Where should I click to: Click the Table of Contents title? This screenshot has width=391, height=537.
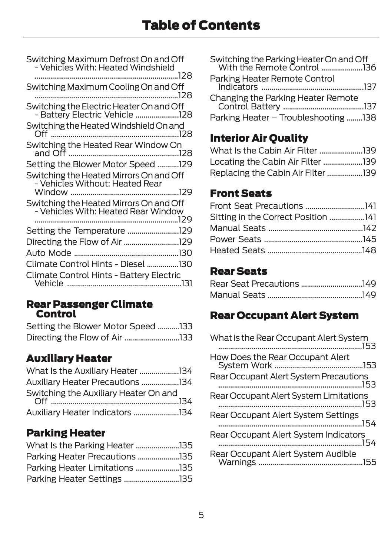click(x=201, y=25)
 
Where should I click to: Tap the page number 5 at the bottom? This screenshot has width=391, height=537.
click(x=201, y=515)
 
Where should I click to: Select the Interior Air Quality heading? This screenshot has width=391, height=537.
click(x=259, y=138)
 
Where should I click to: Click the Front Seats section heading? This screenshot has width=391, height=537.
click(x=241, y=193)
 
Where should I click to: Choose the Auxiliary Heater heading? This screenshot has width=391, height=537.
click(x=69, y=358)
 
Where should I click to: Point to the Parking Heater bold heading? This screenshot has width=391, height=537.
click(x=66, y=433)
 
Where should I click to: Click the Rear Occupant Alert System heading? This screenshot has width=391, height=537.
click(x=284, y=315)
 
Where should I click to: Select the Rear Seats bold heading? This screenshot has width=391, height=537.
click(x=238, y=271)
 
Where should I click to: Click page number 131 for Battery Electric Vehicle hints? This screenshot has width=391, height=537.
click(x=187, y=283)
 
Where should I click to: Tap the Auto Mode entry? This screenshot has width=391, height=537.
click(x=49, y=253)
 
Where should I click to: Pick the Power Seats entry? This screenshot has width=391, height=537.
click(x=235, y=239)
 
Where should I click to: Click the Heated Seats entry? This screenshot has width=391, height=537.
click(x=237, y=250)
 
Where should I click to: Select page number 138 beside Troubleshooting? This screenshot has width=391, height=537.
click(x=369, y=118)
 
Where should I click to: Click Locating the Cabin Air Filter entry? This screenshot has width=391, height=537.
click(x=265, y=162)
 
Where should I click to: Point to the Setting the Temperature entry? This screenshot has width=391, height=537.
click(x=75, y=231)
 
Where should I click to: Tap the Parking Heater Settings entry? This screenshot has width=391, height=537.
click(x=74, y=479)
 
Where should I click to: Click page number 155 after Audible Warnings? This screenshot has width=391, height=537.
click(x=370, y=462)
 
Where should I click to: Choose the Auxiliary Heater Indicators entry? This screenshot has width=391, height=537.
click(x=79, y=412)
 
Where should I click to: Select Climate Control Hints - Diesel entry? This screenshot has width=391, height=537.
click(x=85, y=264)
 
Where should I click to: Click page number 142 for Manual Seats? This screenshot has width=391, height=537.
click(x=370, y=228)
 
